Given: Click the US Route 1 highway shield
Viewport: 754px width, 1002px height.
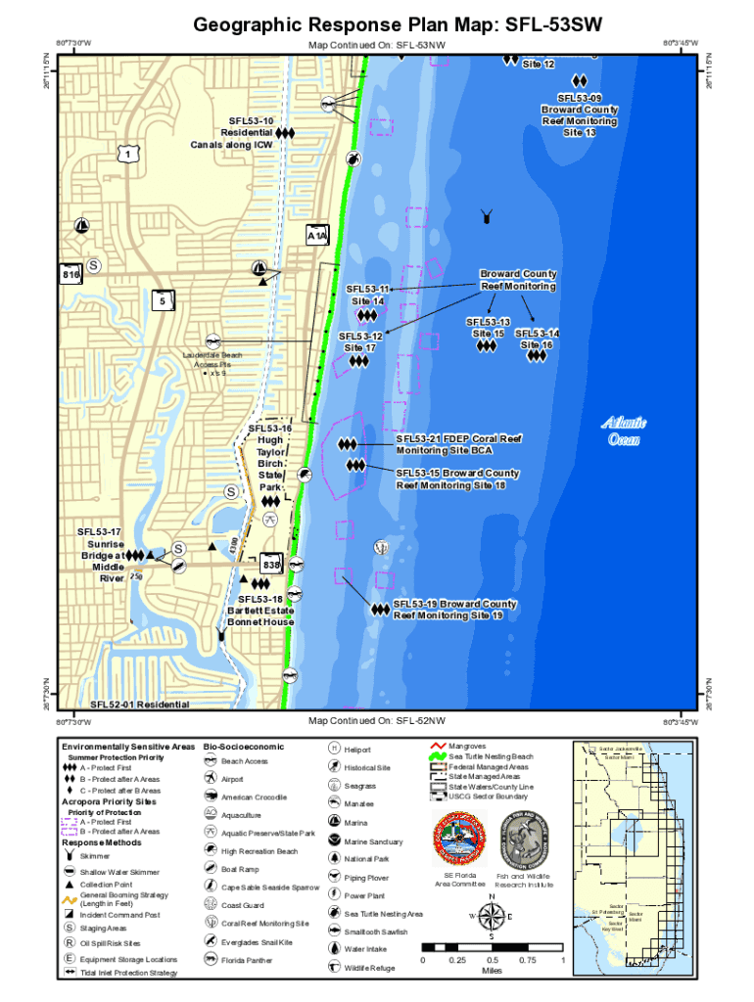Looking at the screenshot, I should point(126,156).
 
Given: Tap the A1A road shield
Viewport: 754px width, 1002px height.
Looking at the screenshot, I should point(317,237).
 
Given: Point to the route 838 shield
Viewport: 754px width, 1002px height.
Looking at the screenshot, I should point(271,566).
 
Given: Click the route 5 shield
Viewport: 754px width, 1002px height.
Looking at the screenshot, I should point(162,301).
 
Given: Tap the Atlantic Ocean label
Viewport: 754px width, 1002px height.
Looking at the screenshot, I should point(624,431).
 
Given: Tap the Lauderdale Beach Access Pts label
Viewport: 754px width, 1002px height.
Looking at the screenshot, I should point(212,362).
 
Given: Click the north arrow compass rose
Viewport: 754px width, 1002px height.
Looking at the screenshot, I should point(493,917).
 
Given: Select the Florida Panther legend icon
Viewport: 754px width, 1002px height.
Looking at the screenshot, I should point(211,960).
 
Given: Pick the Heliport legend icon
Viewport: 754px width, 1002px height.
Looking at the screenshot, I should point(334,749).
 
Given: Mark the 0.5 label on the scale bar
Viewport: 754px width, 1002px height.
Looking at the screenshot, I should point(493,960).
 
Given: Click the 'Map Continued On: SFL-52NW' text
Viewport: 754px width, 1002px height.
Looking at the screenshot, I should point(376,721).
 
